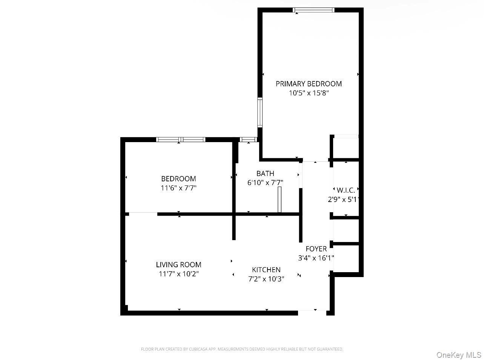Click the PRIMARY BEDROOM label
[x=309, y=84]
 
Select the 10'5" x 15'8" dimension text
[x=309, y=93]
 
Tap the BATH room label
[x=265, y=173]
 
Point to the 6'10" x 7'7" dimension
[x=265, y=182]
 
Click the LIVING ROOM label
[x=178, y=265]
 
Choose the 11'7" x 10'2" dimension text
[x=178, y=274]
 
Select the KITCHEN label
[x=266, y=270]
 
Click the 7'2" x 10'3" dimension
[x=266, y=279]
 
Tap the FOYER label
[x=316, y=249]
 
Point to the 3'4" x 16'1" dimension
[x=316, y=258]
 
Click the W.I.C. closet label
[x=346, y=190]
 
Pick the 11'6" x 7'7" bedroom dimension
[x=178, y=188]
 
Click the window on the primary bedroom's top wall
[x=313, y=10]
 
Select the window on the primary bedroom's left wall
[x=260, y=112]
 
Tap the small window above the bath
[x=248, y=139]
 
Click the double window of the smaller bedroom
[x=181, y=139]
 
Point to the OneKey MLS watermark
[x=459, y=355]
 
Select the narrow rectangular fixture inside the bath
[x=280, y=199]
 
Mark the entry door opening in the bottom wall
[x=312, y=312]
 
